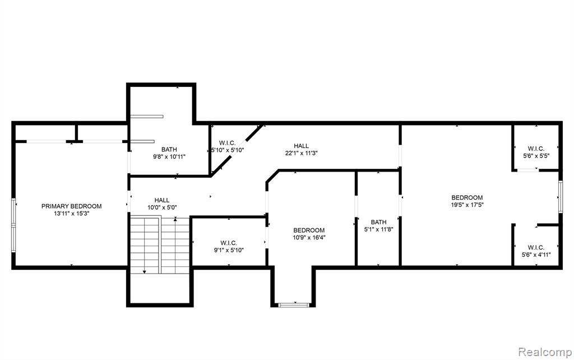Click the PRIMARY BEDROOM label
tap(71, 206)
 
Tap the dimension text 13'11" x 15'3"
tap(71, 214)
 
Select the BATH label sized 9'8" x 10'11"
tap(169, 149)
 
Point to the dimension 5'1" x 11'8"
tap(378, 229)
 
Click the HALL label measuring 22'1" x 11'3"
tap(301, 146)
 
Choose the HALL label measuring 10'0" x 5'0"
tap(162, 200)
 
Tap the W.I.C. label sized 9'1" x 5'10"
tap(229, 243)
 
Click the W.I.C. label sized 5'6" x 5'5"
tap(536, 149)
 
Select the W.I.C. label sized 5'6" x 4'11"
tap(536, 247)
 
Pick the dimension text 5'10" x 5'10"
tap(228, 150)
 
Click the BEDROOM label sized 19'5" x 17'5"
tap(467, 197)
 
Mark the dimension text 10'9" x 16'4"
tap(309, 237)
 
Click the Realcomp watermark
tap(545, 352)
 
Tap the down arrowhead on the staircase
tap(145, 272)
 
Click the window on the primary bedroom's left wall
tap(13, 225)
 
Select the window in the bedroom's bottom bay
tap(294, 304)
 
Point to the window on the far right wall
tap(561, 197)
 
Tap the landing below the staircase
tap(160, 289)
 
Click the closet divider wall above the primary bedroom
tap(77, 133)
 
